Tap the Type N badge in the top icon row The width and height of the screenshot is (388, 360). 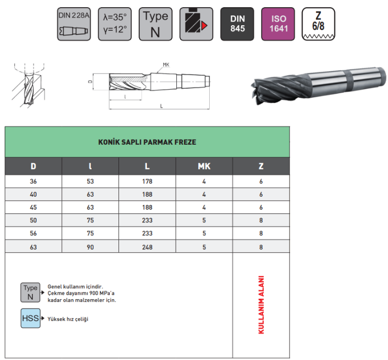point(155,24)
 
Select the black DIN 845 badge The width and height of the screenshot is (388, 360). point(237,24)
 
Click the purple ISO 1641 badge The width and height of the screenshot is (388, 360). point(278,24)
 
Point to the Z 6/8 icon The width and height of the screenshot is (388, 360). point(319,24)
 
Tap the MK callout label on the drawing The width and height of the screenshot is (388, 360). point(166,64)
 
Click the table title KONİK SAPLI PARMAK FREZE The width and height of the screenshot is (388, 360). point(147,142)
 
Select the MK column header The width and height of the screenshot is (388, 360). point(204,166)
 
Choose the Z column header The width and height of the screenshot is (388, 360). point(261,166)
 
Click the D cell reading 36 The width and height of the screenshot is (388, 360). point(33,181)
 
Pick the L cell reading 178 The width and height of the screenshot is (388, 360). point(147,181)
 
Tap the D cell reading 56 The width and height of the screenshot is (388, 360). point(33,233)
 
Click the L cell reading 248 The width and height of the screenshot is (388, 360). point(147,246)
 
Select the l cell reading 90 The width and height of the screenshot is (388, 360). point(90,246)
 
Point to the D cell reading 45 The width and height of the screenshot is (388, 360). point(33,208)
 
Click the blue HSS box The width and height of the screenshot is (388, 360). point(30,318)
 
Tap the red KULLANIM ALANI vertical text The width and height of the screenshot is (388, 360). point(261,304)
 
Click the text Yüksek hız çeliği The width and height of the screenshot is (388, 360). point(68,319)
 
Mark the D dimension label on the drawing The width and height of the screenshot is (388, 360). point(90,81)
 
